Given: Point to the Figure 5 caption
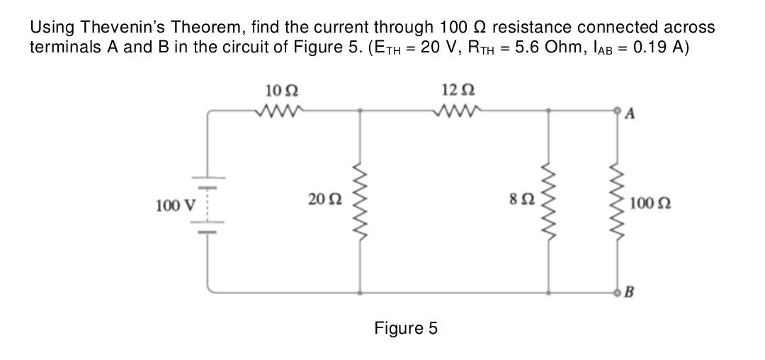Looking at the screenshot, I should tap(406, 328).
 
